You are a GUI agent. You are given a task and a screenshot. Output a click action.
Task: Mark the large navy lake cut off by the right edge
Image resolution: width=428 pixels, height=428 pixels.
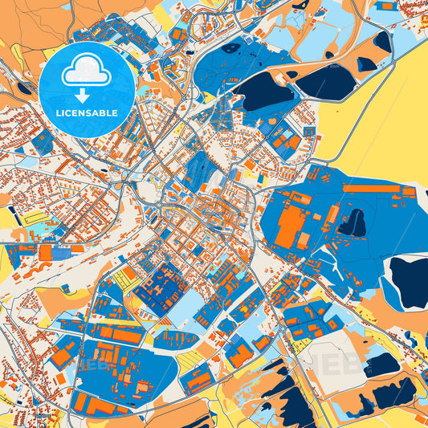410,281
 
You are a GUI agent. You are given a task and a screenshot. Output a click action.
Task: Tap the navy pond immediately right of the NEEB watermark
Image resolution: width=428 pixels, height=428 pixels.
381,365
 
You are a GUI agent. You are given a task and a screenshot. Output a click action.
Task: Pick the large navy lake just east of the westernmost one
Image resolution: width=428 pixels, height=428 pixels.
325,80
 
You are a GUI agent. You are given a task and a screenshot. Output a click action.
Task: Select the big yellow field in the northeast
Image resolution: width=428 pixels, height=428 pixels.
377,120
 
